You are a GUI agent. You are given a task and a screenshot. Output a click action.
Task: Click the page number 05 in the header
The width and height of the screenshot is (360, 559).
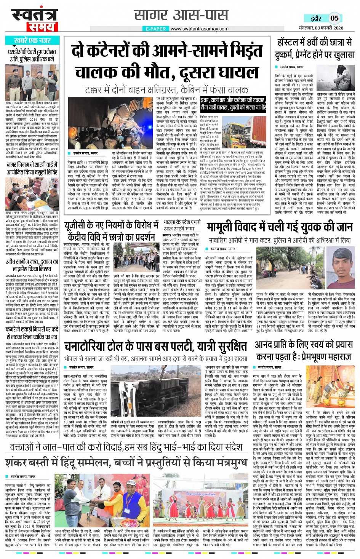[334, 18]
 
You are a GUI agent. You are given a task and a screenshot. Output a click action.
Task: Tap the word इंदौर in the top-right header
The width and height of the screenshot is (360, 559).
[315, 18]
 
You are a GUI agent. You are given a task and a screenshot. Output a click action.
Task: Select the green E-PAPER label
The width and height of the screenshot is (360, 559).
[156, 29]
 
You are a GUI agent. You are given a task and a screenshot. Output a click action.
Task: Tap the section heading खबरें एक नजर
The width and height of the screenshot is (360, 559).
[32, 41]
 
